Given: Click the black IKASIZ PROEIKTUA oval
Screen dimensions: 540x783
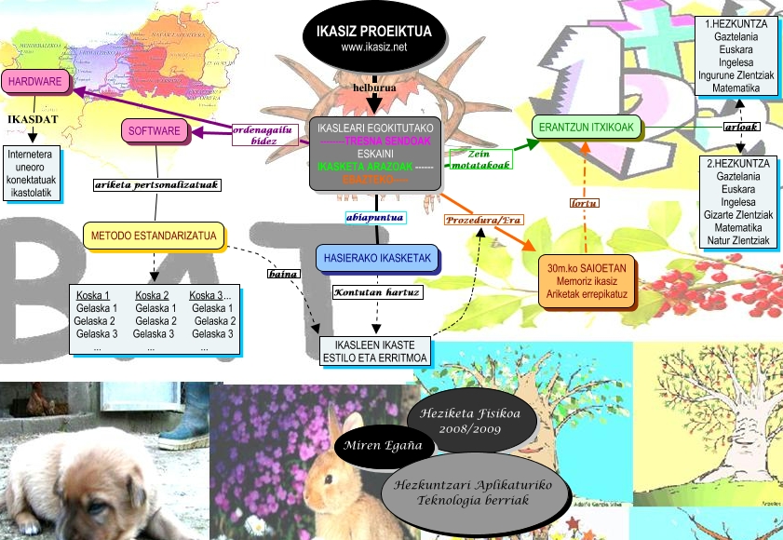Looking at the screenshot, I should [x=373, y=38].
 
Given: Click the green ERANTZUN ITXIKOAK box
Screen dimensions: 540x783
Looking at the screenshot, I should [x=586, y=128].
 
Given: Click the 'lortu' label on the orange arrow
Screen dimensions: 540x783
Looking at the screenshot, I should [x=584, y=202].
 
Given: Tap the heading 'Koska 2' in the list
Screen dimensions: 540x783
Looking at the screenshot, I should [x=152, y=295].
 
